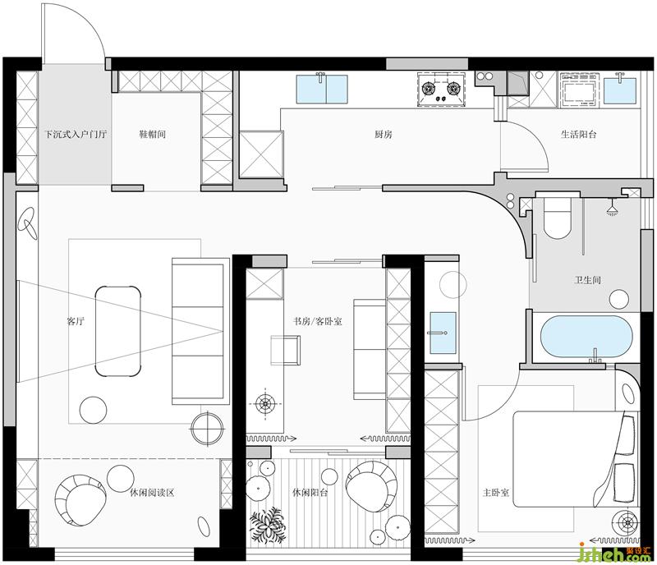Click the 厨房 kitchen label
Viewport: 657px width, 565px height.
coord(384,135)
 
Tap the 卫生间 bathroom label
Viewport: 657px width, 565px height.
coord(587,279)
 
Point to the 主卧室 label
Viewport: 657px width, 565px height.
coord(496,493)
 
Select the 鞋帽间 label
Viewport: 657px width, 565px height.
coord(152,134)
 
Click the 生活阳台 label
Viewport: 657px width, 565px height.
coord(578,135)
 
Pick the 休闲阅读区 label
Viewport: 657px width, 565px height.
coord(152,493)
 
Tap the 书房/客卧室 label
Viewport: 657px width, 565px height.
coord(317,321)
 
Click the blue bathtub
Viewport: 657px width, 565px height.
coord(586,337)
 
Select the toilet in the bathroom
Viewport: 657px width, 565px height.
coord(557,217)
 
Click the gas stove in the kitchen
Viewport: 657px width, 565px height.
coord(441,90)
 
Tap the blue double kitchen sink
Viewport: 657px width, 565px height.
coord(322,89)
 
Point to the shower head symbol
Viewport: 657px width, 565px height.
coord(613,209)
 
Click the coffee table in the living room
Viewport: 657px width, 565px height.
coord(117,331)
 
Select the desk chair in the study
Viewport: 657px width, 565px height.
coord(285,350)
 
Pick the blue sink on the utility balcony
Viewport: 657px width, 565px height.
coord(620,89)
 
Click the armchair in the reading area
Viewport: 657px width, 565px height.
coord(80,499)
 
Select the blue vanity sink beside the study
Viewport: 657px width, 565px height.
coord(443,333)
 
